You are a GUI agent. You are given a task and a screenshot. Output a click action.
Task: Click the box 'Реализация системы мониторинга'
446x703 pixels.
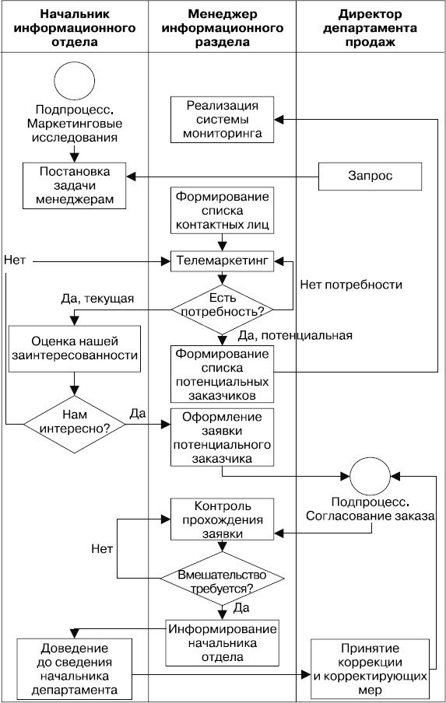pyautogui.click(x=223, y=120)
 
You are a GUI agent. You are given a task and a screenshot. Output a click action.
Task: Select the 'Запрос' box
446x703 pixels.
pyautogui.click(x=370, y=176)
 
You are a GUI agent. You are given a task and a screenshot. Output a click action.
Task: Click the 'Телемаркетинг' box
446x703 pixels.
pyautogui.click(x=223, y=262)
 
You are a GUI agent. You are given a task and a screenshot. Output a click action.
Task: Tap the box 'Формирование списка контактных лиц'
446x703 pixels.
pyautogui.click(x=223, y=210)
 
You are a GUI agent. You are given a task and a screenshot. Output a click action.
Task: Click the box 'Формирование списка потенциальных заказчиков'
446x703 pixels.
pyautogui.click(x=223, y=372)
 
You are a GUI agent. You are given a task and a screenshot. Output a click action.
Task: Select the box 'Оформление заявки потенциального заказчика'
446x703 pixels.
pyautogui.click(x=223, y=437)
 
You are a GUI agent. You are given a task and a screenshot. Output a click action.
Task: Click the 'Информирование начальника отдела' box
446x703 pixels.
pyautogui.click(x=223, y=642)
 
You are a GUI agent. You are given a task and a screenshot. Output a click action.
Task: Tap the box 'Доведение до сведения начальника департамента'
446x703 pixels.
pyautogui.click(x=74, y=666)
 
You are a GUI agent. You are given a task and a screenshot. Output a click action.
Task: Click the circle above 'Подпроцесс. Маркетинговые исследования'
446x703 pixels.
pyautogui.click(x=74, y=81)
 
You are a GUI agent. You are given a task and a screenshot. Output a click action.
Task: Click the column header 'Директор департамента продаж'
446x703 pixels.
pyautogui.click(x=370, y=29)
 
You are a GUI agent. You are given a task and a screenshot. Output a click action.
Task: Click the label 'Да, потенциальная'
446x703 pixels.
pyautogui.click(x=295, y=336)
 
